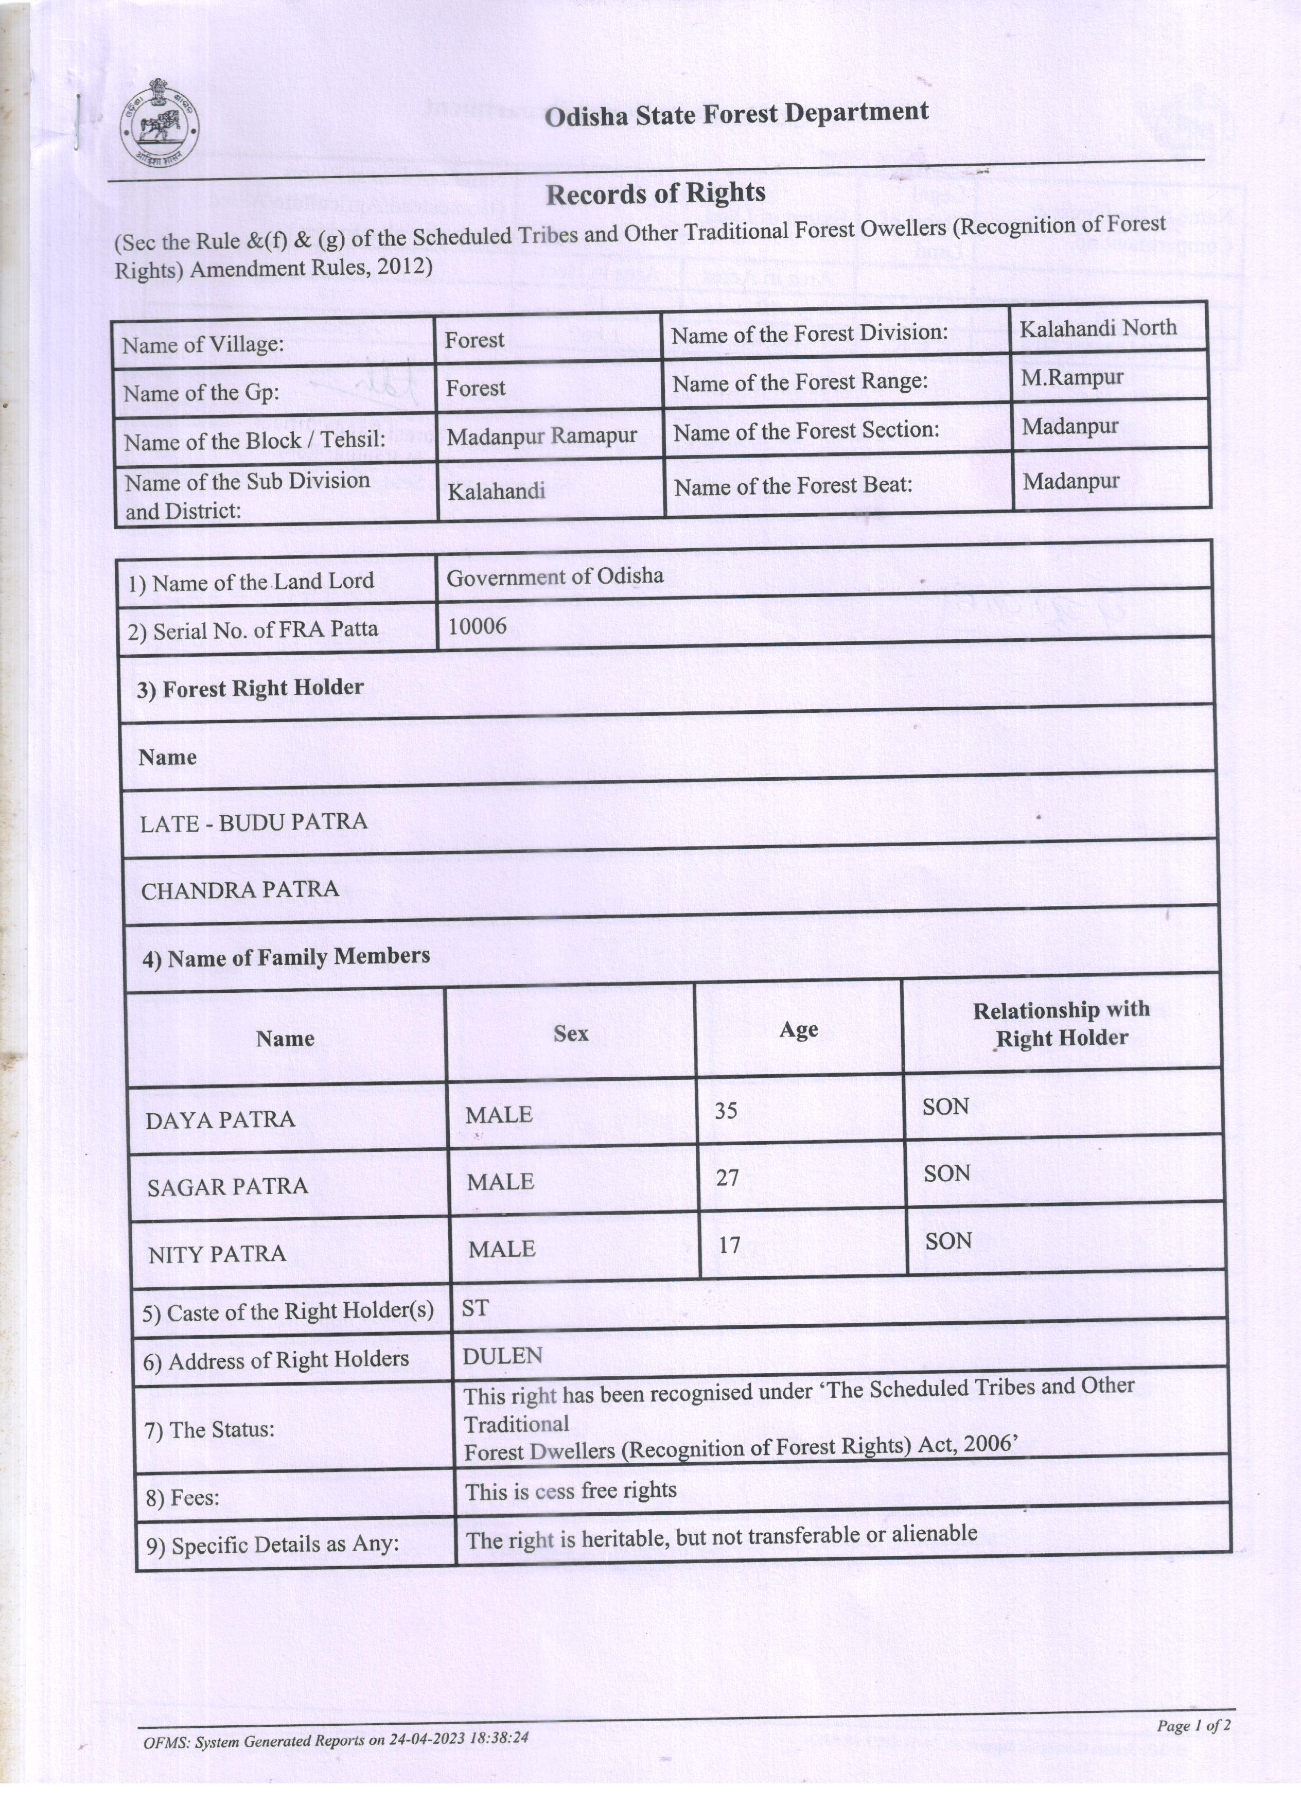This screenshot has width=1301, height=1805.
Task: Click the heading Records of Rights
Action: pyautogui.click(x=655, y=194)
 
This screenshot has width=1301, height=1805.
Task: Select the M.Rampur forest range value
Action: pyautogui.click(x=1072, y=377)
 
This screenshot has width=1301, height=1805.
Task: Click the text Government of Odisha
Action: pyautogui.click(x=555, y=577)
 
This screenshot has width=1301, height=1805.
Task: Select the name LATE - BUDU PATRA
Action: pyautogui.click(x=254, y=822)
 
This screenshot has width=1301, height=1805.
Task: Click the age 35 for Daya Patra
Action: pyautogui.click(x=726, y=1110)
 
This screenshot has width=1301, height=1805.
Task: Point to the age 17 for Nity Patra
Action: pyautogui.click(x=729, y=1245)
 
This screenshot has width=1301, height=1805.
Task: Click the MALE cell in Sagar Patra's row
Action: pyautogui.click(x=500, y=1182)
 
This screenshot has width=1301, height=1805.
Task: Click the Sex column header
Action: pyautogui.click(x=571, y=1034)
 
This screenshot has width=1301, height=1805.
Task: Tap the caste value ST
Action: pyautogui.click(x=475, y=1308)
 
